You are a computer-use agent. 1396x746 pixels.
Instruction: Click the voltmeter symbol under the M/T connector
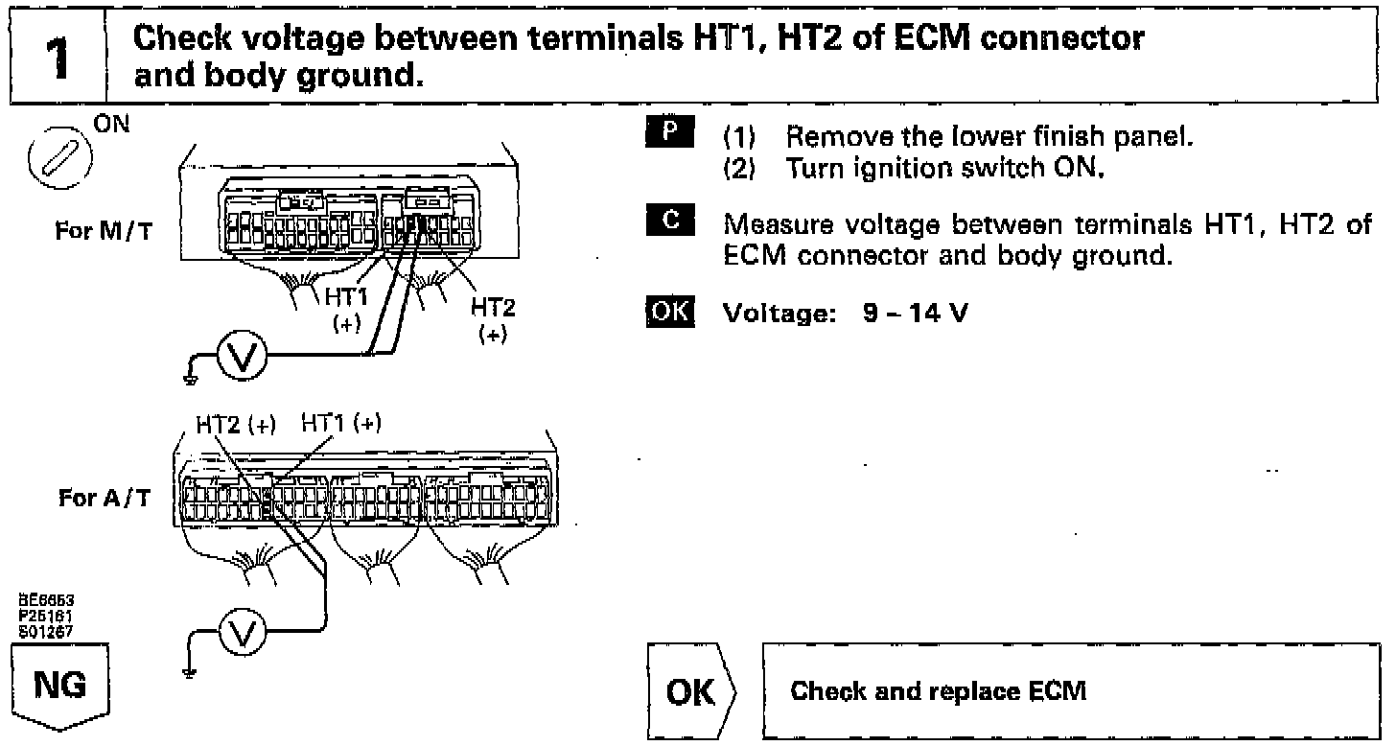tap(237, 360)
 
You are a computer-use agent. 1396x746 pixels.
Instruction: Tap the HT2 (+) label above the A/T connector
tap(235, 425)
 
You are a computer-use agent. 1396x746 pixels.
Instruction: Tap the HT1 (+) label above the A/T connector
tap(341, 423)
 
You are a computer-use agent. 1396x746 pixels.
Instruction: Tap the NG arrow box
tap(58, 687)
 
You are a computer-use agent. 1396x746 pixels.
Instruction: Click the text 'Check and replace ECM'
tap(939, 692)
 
